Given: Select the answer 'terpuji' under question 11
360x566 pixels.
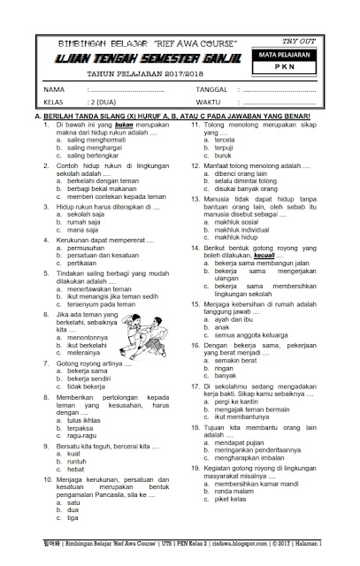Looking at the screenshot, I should (x=228, y=149).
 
